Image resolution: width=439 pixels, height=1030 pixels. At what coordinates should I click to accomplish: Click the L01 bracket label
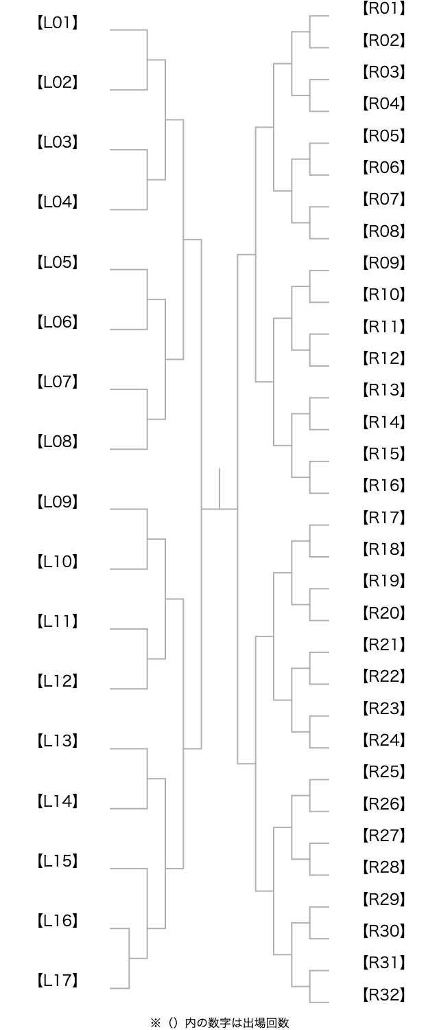click(58, 23)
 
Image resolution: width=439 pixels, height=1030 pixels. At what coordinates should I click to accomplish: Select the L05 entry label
click(58, 262)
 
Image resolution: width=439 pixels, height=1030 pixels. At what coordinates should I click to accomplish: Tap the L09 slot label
click(58, 502)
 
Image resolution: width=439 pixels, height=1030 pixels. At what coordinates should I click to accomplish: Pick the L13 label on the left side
click(58, 741)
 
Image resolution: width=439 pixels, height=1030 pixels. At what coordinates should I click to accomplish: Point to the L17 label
click(58, 981)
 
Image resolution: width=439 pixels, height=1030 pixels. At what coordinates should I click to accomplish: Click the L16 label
click(58, 921)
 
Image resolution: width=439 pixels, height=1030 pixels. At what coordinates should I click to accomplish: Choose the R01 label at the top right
click(384, 9)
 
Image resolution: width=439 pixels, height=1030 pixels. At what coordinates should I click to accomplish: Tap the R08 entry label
click(384, 231)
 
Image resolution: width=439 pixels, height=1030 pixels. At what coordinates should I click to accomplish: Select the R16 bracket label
click(384, 485)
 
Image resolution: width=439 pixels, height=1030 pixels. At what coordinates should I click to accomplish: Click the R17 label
click(384, 518)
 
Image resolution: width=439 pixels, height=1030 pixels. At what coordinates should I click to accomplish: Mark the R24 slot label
click(384, 740)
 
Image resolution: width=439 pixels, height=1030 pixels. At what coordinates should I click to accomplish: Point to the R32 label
click(384, 994)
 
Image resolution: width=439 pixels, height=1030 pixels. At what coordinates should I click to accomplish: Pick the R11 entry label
click(384, 327)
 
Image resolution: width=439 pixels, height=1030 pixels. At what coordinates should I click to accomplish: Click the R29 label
click(384, 900)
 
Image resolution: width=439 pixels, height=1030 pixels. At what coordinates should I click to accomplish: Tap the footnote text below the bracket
click(219, 1022)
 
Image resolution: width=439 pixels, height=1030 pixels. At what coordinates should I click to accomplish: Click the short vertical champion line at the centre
click(219, 489)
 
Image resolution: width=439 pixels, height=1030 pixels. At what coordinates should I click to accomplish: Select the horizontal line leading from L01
click(128, 30)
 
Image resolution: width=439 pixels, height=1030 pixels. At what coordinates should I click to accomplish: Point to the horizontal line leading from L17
click(119, 988)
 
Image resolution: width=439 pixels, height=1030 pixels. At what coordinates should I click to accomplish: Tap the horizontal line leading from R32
click(320, 1003)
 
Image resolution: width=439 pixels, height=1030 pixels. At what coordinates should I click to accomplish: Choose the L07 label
click(58, 382)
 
